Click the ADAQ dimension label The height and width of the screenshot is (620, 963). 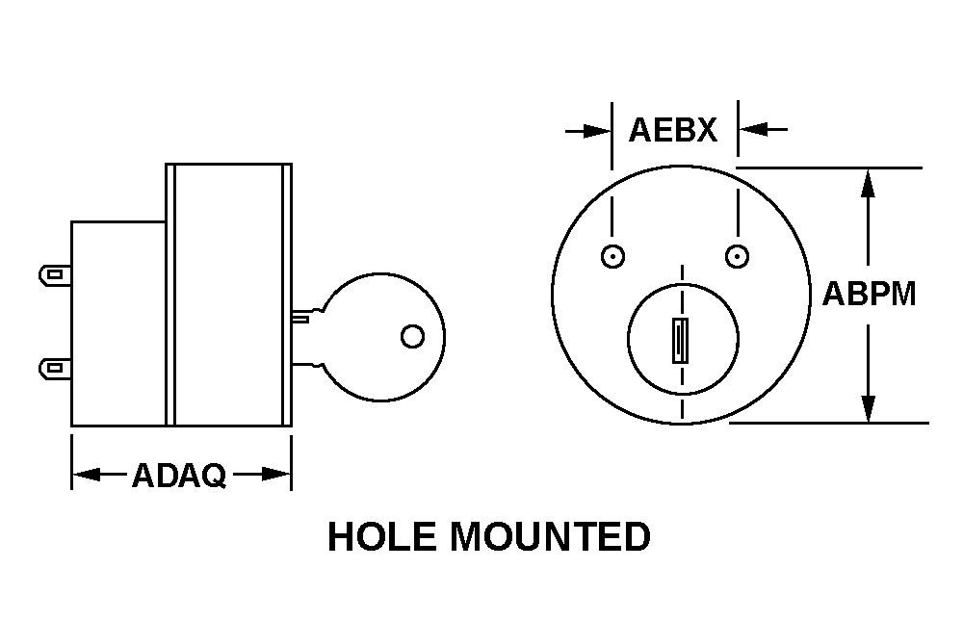pyautogui.click(x=179, y=476)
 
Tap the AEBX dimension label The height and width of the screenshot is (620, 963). pyautogui.click(x=673, y=130)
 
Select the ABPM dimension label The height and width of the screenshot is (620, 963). pyautogui.click(x=869, y=294)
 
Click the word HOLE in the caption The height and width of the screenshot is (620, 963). pyautogui.click(x=382, y=536)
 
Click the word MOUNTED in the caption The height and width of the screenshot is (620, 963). pyautogui.click(x=550, y=536)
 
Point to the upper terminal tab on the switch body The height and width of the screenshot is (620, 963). pyautogui.click(x=55, y=274)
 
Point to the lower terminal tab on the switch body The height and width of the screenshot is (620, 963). pyautogui.click(x=55, y=369)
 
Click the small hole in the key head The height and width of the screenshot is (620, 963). pyautogui.click(x=412, y=336)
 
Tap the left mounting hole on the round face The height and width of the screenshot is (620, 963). pyautogui.click(x=612, y=256)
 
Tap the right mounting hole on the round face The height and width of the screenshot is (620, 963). pyautogui.click(x=737, y=256)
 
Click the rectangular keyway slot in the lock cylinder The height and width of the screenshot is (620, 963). pyautogui.click(x=680, y=340)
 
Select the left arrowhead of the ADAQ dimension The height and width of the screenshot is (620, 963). pyautogui.click(x=86, y=475)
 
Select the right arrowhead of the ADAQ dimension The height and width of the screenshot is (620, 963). pyautogui.click(x=276, y=475)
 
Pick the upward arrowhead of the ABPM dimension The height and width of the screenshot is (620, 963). pyautogui.click(x=868, y=183)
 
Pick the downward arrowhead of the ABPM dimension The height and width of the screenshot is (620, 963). pyautogui.click(x=868, y=408)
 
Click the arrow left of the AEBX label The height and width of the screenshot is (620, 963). pyautogui.click(x=587, y=131)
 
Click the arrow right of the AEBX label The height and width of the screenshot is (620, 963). pyautogui.click(x=763, y=130)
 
